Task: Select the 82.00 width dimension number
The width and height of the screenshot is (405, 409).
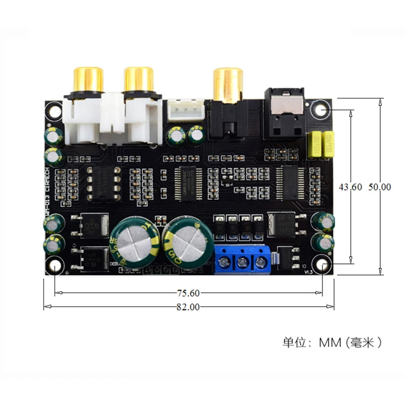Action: [x=188, y=307]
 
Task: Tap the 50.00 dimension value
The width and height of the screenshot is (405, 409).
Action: [x=379, y=187]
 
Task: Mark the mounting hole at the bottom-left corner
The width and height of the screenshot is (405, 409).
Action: [x=54, y=266]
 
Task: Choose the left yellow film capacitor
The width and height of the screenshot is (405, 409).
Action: [x=314, y=144]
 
